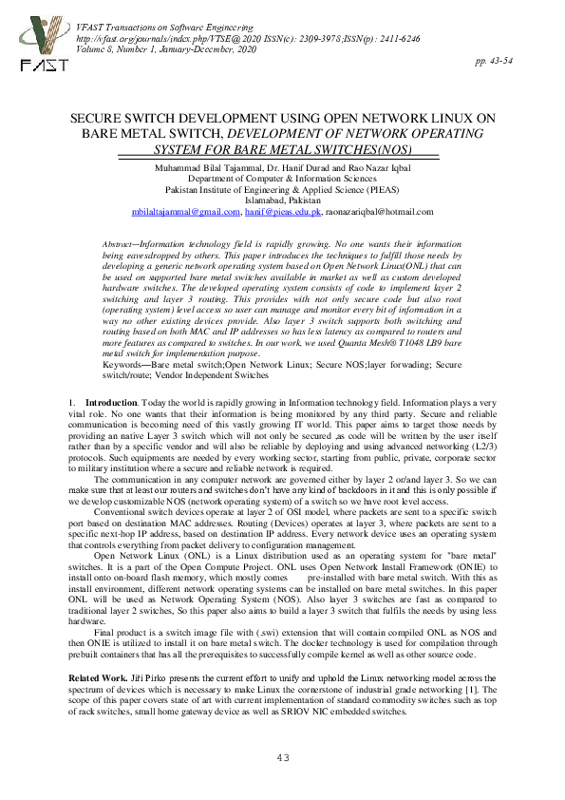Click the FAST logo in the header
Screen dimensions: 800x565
click(40, 40)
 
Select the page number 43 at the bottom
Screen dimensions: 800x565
click(282, 757)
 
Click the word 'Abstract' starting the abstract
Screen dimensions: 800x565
click(119, 245)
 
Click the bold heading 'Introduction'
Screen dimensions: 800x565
click(110, 404)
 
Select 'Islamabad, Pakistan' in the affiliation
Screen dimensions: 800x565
click(282, 200)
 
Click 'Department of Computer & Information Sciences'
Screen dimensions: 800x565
click(282, 178)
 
